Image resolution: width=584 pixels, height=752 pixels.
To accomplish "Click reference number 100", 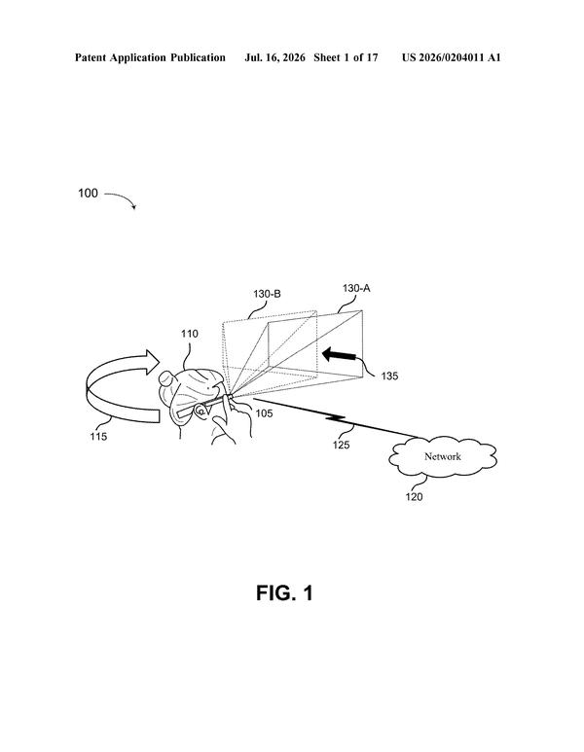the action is pos(88,194).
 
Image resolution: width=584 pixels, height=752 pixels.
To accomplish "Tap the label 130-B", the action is pos(267,294).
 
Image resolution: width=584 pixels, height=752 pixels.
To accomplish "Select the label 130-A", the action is pos(356,288).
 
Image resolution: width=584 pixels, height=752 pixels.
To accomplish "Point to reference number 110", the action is pos(189,334).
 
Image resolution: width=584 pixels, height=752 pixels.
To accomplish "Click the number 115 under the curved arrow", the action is pos(98,437).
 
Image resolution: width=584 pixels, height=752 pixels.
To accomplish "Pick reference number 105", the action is pos(264,412).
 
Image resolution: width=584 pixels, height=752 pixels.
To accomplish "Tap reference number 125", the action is pos(342,445).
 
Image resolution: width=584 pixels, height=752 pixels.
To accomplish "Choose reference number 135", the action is pos(389,376).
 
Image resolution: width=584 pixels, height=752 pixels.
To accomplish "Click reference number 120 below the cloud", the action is pos(414,497).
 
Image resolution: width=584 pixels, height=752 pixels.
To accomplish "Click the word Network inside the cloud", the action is pos(443,456).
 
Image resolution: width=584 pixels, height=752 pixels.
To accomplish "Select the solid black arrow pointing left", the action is pos(339,355).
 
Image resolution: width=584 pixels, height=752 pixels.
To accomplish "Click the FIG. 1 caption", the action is pos(284,593).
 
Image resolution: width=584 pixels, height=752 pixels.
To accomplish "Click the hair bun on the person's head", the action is pos(166,378).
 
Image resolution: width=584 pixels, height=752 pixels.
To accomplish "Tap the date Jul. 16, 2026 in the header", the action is pos(274,58).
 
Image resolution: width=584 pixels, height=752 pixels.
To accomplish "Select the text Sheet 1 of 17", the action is pos(346,58).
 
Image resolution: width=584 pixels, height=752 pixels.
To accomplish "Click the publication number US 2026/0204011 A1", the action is pos(451,58).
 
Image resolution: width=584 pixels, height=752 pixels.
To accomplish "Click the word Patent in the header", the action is pos(91,58).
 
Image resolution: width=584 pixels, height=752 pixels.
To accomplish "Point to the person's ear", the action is pos(201,411).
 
